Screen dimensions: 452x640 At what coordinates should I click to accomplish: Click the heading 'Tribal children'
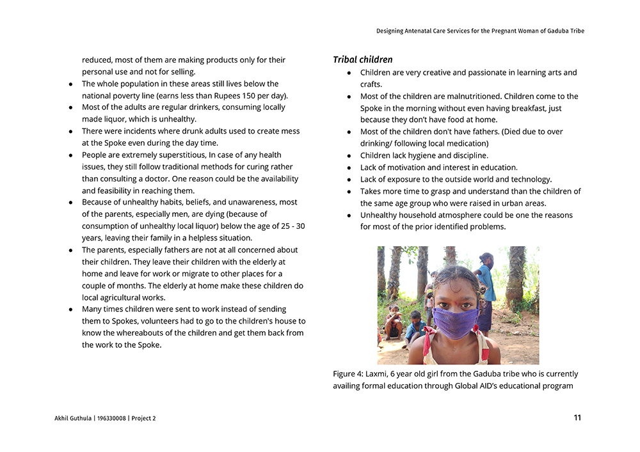click(362, 60)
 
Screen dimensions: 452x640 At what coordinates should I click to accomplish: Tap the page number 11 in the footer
click(577, 418)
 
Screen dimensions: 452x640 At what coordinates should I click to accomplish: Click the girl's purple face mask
click(456, 322)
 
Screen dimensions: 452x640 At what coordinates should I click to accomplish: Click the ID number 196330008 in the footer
click(111, 419)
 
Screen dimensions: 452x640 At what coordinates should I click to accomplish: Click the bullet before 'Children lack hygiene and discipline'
click(349, 156)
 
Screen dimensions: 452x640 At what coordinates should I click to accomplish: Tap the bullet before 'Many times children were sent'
click(70, 309)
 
